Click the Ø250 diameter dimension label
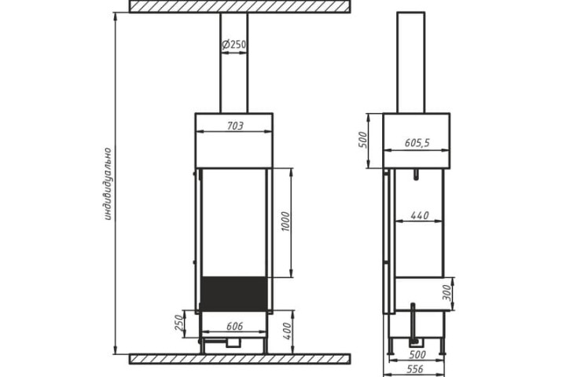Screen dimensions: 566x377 234,45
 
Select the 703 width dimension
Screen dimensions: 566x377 234,126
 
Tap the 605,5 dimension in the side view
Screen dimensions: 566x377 417,143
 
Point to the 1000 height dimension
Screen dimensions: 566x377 285,221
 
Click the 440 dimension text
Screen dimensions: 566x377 420,215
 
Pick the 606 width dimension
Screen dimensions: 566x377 234,326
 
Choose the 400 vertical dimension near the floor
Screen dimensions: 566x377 287,331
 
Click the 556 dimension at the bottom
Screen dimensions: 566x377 415,369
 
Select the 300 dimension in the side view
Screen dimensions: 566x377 447,293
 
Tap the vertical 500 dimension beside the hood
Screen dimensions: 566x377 362,140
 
